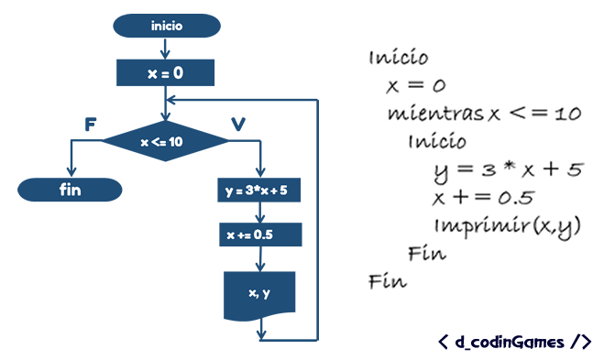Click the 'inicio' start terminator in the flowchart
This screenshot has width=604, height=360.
pyautogui.click(x=166, y=26)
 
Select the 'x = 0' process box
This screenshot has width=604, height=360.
pyautogui.click(x=166, y=71)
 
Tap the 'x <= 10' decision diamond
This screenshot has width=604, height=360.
pyautogui.click(x=165, y=142)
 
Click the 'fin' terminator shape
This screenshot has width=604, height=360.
pyautogui.click(x=70, y=190)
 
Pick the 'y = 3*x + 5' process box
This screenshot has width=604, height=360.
pyautogui.click(x=262, y=192)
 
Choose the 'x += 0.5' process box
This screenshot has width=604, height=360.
pyautogui.click(x=262, y=235)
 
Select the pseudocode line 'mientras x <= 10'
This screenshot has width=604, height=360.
pyautogui.click(x=484, y=115)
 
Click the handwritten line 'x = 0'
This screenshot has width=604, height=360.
pyautogui.click(x=415, y=87)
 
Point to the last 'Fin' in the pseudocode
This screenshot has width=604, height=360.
pyautogui.click(x=387, y=280)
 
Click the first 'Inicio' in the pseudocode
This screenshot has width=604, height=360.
pyautogui.click(x=398, y=59)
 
